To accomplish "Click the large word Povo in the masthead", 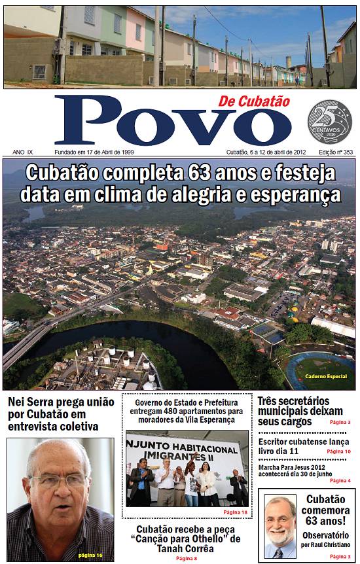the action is (x=164, y=122).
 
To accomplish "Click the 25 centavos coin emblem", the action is (x=329, y=122).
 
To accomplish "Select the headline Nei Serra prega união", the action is (x=61, y=402).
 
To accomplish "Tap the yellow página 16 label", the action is (x=90, y=555).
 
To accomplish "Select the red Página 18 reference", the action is (x=235, y=512).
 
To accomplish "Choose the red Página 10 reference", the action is (x=338, y=451).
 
